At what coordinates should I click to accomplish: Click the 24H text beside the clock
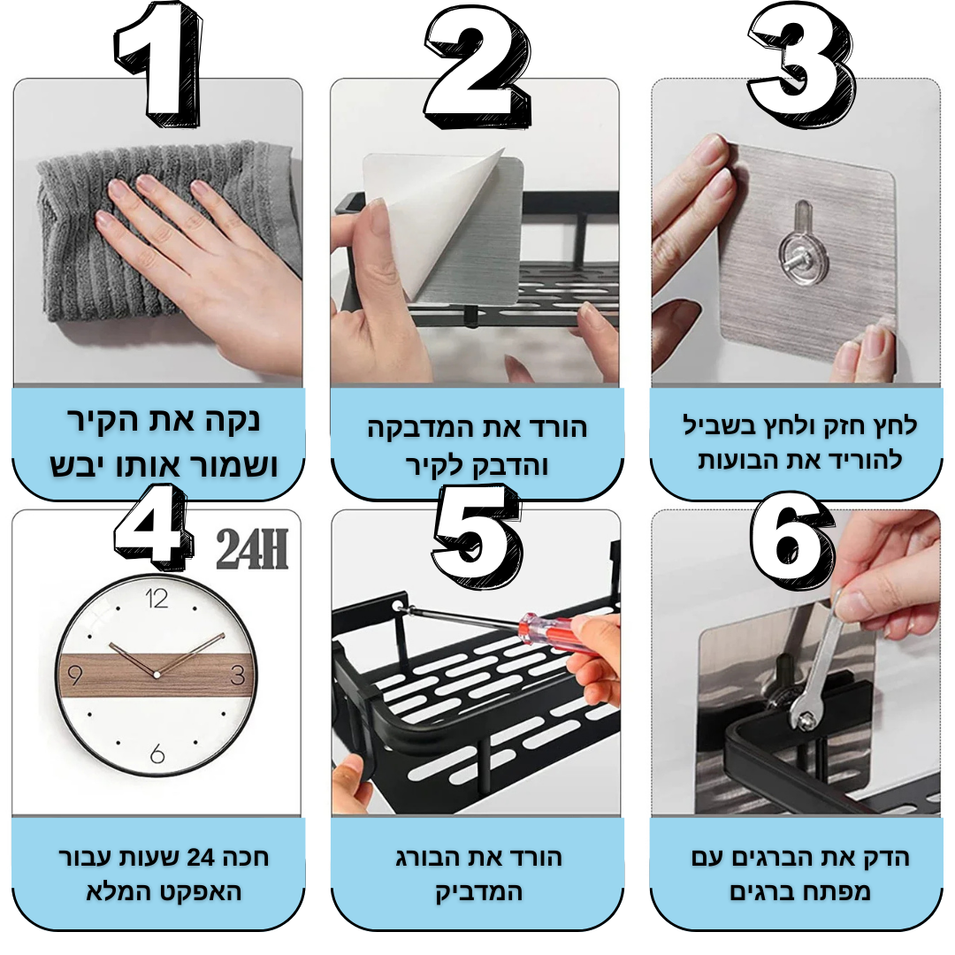tap(251, 549)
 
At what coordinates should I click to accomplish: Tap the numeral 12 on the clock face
tap(157, 599)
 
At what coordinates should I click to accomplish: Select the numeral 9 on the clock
tap(74, 676)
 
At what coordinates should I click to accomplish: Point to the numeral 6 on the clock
tap(157, 754)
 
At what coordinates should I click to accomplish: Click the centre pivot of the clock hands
tap(157, 676)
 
